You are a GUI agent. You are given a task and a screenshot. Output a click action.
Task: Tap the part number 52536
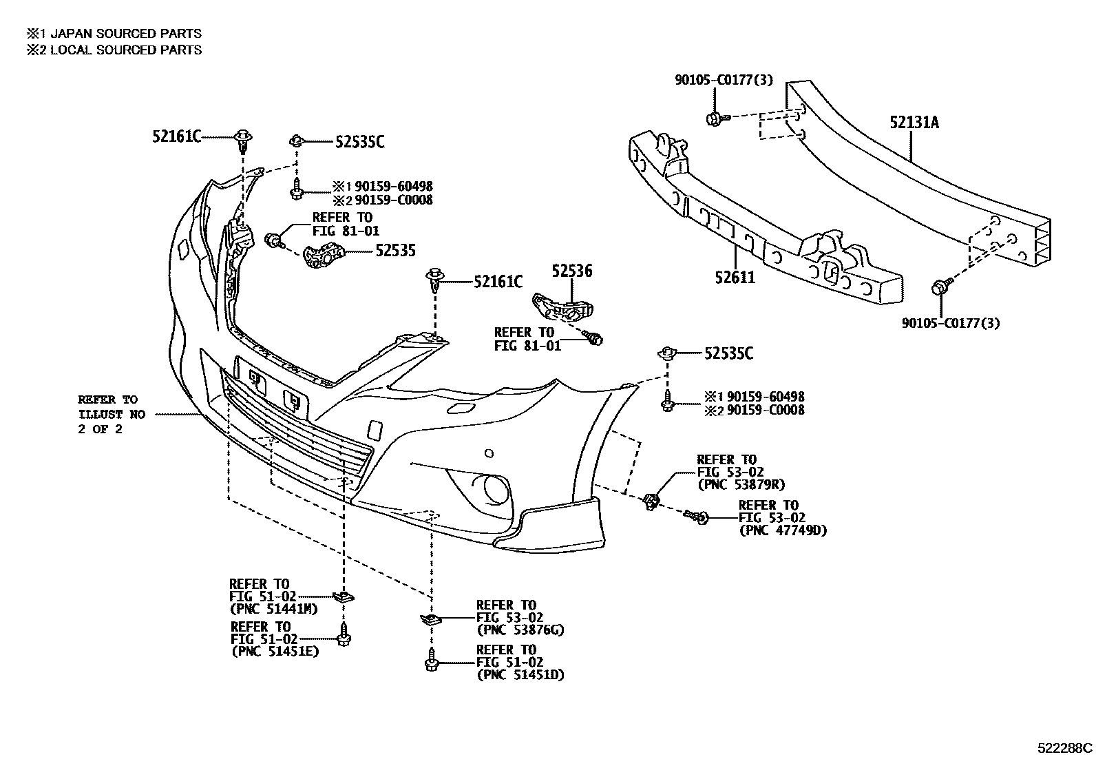tap(571, 272)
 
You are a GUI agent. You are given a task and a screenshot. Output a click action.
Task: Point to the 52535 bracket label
tap(395, 251)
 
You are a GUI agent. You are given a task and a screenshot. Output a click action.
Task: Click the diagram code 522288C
tap(1065, 747)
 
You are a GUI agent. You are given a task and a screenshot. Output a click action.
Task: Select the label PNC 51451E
tap(275, 652)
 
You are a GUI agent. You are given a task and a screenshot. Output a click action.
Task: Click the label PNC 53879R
tap(741, 485)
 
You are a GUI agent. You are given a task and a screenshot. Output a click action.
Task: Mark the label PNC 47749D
tap(783, 530)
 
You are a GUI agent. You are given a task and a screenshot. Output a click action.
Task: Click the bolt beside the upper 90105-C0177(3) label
tap(713, 118)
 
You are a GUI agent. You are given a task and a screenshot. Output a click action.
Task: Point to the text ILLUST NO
tap(111, 415)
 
